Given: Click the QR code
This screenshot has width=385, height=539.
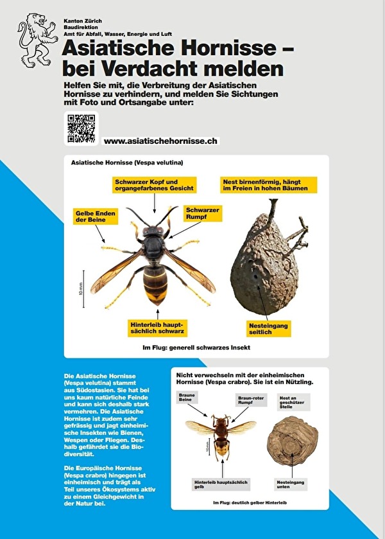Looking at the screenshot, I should pyautogui.click(x=81, y=128).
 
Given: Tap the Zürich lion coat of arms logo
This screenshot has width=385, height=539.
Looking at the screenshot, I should pyautogui.click(x=36, y=41).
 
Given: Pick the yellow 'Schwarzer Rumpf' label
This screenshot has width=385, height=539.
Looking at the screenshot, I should pyautogui.click(x=203, y=214).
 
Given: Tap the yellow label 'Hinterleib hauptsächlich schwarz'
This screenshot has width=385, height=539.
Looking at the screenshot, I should pyautogui.click(x=157, y=328).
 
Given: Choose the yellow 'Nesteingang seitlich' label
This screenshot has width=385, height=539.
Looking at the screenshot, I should pyautogui.click(x=269, y=328).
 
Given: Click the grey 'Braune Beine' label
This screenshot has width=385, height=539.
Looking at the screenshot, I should pyautogui.click(x=187, y=398).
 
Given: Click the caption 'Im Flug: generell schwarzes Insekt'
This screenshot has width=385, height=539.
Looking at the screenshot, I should pyautogui.click(x=196, y=348).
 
